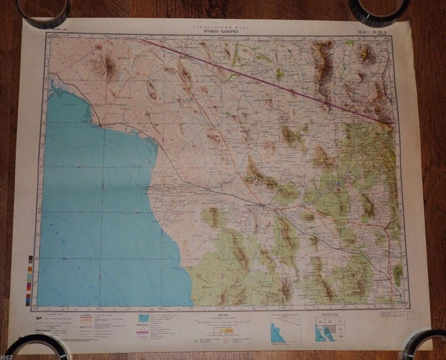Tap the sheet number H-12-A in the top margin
(371, 31)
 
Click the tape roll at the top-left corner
(43, 10)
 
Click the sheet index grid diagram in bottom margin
(328, 329)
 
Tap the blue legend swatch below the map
(142, 318)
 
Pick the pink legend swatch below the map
(142, 325)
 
